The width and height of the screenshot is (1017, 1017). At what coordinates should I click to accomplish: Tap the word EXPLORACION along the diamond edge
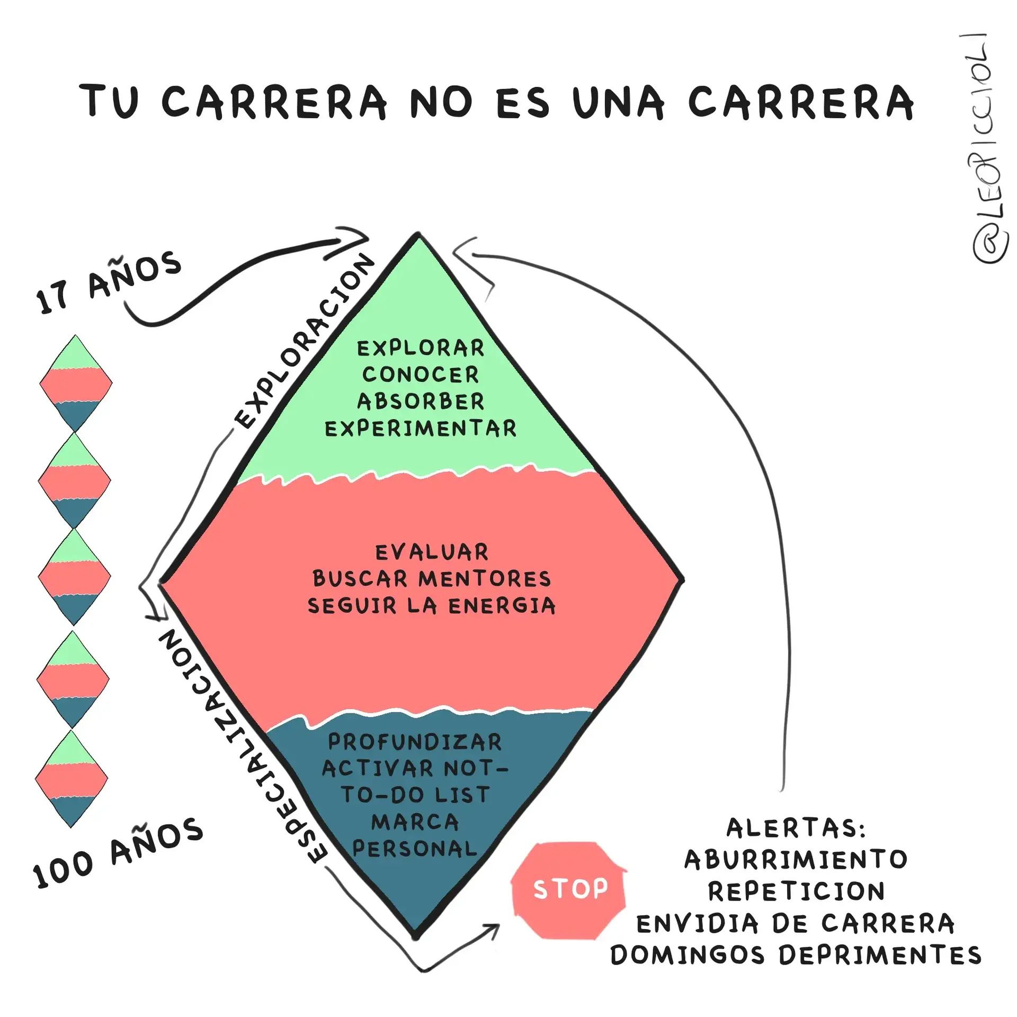[305, 341]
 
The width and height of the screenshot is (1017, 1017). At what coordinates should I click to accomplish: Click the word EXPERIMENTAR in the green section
[421, 428]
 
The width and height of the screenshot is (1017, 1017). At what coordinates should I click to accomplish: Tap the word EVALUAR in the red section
[432, 552]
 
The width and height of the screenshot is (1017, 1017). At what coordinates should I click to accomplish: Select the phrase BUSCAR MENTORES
[432, 579]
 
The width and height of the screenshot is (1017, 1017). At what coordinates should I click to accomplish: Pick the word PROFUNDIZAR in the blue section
[415, 742]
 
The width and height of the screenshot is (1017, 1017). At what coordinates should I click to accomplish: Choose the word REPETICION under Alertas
[796, 891]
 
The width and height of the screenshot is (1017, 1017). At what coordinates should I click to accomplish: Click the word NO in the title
[441, 101]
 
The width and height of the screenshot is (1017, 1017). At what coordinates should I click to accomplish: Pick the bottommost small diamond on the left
[72, 779]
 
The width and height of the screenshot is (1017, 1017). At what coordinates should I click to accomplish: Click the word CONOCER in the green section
[421, 375]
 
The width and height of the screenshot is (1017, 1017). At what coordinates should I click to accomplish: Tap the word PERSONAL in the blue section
[415, 849]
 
